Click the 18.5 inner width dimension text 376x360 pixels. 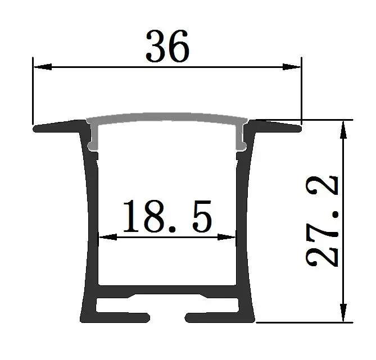coord(168,217)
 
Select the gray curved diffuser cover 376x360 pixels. coord(167,117)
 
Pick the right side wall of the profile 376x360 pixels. coord(245,225)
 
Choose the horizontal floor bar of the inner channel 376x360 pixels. coord(167,290)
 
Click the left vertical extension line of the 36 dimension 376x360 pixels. coord(33,90)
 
